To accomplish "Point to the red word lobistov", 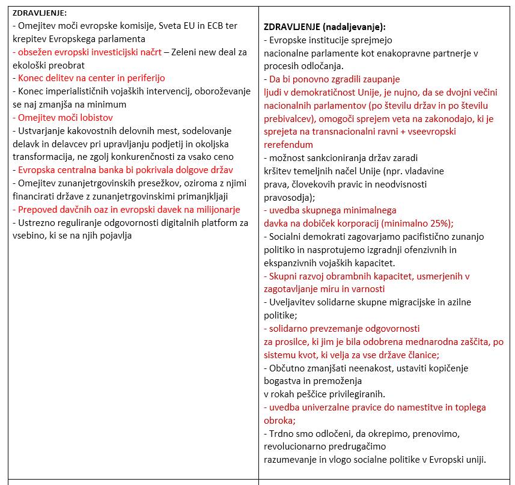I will pos(96,117).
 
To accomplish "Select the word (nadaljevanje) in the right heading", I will pos(353,27).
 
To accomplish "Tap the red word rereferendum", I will pos(288,145).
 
